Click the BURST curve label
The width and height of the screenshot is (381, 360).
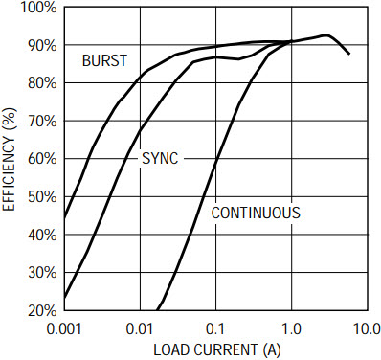tap(104, 60)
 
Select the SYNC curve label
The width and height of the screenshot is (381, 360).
tap(160, 158)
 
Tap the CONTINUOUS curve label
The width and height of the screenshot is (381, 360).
tap(256, 213)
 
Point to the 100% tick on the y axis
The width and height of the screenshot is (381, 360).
tap(38, 8)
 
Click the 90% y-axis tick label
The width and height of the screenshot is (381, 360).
tap(42, 45)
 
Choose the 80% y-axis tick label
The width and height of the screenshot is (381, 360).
tap(42, 83)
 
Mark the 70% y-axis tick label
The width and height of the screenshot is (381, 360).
tap(42, 122)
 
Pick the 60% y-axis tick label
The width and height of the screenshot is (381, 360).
tap(42, 159)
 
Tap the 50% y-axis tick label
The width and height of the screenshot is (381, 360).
tap(42, 197)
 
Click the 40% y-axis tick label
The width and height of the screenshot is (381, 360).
tap(42, 235)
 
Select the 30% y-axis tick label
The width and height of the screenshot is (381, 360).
tap(42, 273)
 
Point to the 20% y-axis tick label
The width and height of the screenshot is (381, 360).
tap(42, 310)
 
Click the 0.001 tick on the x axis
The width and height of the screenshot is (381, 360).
tap(64, 329)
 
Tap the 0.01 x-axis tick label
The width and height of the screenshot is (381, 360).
tap(141, 329)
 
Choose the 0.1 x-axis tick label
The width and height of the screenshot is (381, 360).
tap(215, 329)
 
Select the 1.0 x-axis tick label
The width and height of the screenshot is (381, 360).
tap(292, 329)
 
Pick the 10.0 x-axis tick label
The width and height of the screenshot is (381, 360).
tap(367, 329)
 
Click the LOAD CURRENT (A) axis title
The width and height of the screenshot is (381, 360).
tap(217, 350)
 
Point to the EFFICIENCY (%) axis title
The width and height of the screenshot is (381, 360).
tap(9, 159)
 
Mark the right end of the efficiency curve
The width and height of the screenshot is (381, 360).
tap(349, 54)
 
